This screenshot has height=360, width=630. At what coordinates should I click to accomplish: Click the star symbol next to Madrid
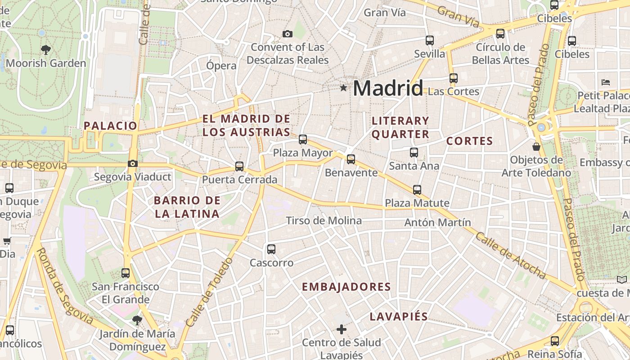click(x=343, y=88)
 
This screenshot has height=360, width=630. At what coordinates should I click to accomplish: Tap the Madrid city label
click(x=388, y=88)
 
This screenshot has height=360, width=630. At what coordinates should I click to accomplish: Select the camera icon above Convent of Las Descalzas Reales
click(x=287, y=34)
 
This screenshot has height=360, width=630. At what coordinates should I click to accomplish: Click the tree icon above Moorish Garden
click(x=45, y=49)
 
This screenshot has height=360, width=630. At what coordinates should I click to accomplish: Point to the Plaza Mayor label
click(x=303, y=153)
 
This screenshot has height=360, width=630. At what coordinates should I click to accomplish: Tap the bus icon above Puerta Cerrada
click(x=239, y=166)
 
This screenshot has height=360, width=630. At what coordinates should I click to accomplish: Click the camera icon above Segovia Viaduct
click(x=132, y=163)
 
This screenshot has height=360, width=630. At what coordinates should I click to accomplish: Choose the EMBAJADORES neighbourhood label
click(x=346, y=287)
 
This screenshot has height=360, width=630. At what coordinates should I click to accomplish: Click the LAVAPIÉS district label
click(x=398, y=316)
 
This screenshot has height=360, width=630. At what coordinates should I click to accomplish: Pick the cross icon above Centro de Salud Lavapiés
click(x=342, y=329)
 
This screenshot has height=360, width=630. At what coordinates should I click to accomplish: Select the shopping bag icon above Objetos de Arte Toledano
click(x=536, y=147)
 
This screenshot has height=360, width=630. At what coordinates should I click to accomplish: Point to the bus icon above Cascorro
click(x=271, y=249)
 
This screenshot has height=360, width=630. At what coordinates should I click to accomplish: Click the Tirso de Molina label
click(x=324, y=220)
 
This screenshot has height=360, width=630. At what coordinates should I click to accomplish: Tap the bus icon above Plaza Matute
click(x=417, y=189)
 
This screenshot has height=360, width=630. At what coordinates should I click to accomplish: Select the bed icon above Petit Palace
click(x=606, y=82)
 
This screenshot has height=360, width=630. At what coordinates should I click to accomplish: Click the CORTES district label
click(x=469, y=141)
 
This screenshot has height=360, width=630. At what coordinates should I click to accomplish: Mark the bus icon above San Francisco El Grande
click(x=126, y=273)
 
